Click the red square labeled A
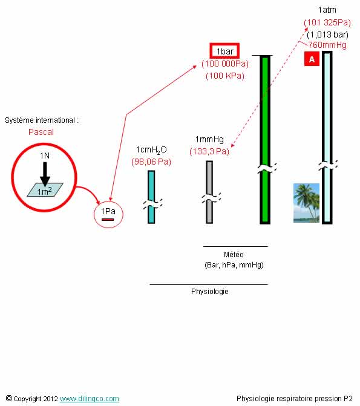(x=312, y=59)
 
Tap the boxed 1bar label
(x=224, y=51)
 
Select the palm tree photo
(x=306, y=203)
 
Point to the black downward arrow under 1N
(x=45, y=174)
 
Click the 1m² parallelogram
(x=45, y=190)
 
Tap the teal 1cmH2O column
(x=151, y=197)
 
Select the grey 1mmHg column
(x=209, y=192)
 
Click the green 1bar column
(x=265, y=140)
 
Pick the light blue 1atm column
(x=327, y=137)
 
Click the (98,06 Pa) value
(x=151, y=162)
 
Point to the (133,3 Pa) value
(x=209, y=151)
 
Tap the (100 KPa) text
(x=225, y=76)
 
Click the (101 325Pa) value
(x=327, y=22)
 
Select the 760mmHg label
(x=327, y=45)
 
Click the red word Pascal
(x=41, y=132)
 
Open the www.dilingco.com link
(x=90, y=399)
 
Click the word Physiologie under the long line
(x=209, y=292)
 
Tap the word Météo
(x=234, y=255)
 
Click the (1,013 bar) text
(x=327, y=34)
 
